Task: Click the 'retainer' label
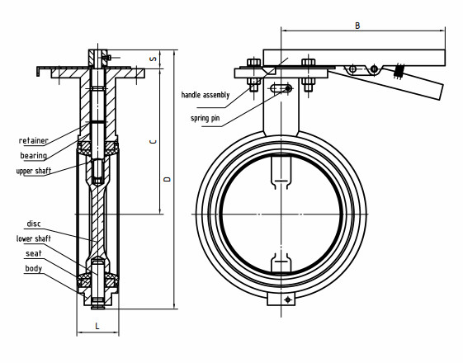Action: pos(33,141)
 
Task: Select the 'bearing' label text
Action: pos(33,156)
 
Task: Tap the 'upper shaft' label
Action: pos(35,171)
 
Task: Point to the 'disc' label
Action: pos(34,224)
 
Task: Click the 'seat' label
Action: pos(33,253)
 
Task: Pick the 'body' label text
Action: pos(34,269)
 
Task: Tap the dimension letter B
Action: pos(357,26)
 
